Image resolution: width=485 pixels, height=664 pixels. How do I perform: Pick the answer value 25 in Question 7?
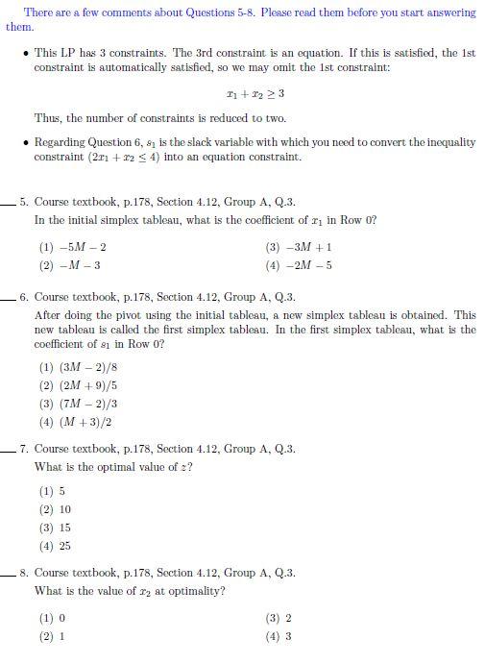(x=64, y=546)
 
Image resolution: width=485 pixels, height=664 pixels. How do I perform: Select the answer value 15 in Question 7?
(x=64, y=528)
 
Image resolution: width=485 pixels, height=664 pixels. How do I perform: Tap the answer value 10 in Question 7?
(x=64, y=509)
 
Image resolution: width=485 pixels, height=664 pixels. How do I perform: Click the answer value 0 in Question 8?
(x=61, y=618)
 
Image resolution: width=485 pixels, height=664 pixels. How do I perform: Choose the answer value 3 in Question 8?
(x=288, y=636)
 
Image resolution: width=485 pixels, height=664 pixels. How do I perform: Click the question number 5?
(x=23, y=203)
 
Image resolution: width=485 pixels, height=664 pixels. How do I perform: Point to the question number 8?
(x=23, y=574)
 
